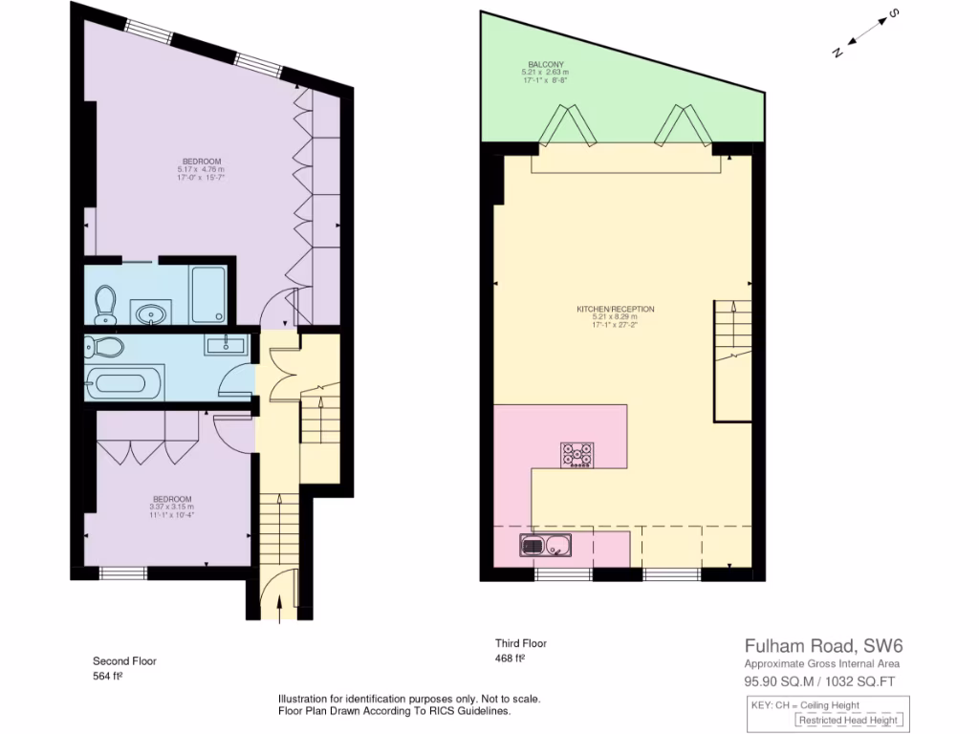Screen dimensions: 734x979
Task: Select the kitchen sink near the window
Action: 544,547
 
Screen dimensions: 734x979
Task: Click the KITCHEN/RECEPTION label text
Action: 615,310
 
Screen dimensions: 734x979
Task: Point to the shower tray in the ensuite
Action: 208,295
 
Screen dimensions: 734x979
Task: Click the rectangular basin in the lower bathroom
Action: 227,345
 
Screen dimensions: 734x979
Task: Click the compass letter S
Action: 892,13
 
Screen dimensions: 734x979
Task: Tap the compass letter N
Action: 837,53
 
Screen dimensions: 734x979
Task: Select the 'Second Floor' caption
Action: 124,660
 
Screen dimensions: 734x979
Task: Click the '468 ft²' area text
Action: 511,658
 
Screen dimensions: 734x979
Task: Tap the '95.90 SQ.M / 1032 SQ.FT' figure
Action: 820,681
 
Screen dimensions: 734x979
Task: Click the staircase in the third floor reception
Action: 733,360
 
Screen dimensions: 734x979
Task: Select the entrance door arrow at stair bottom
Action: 278,608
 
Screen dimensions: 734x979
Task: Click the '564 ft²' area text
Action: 108,676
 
